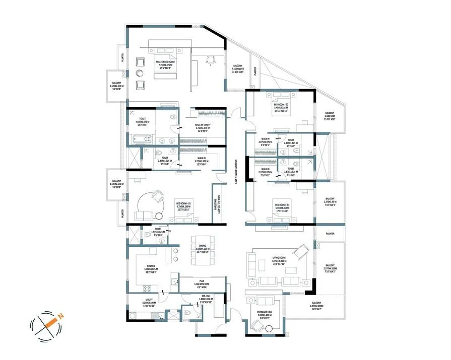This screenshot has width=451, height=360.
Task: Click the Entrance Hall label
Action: click(x=261, y=314)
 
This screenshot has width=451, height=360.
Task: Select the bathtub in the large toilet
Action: click(x=140, y=139)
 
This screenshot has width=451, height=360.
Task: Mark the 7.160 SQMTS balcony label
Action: click(x=237, y=69)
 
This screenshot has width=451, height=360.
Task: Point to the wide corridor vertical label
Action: click(x=236, y=172)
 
